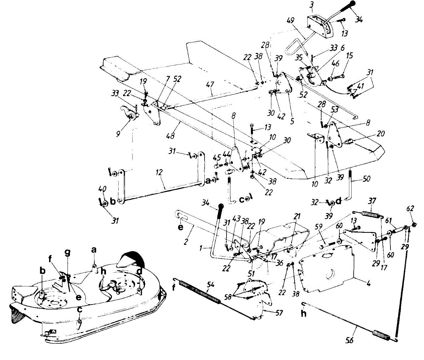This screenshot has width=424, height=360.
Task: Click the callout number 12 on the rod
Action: (x=159, y=172)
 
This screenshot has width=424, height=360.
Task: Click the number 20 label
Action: (x=381, y=134)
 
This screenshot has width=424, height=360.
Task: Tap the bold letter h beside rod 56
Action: (x=304, y=313)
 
